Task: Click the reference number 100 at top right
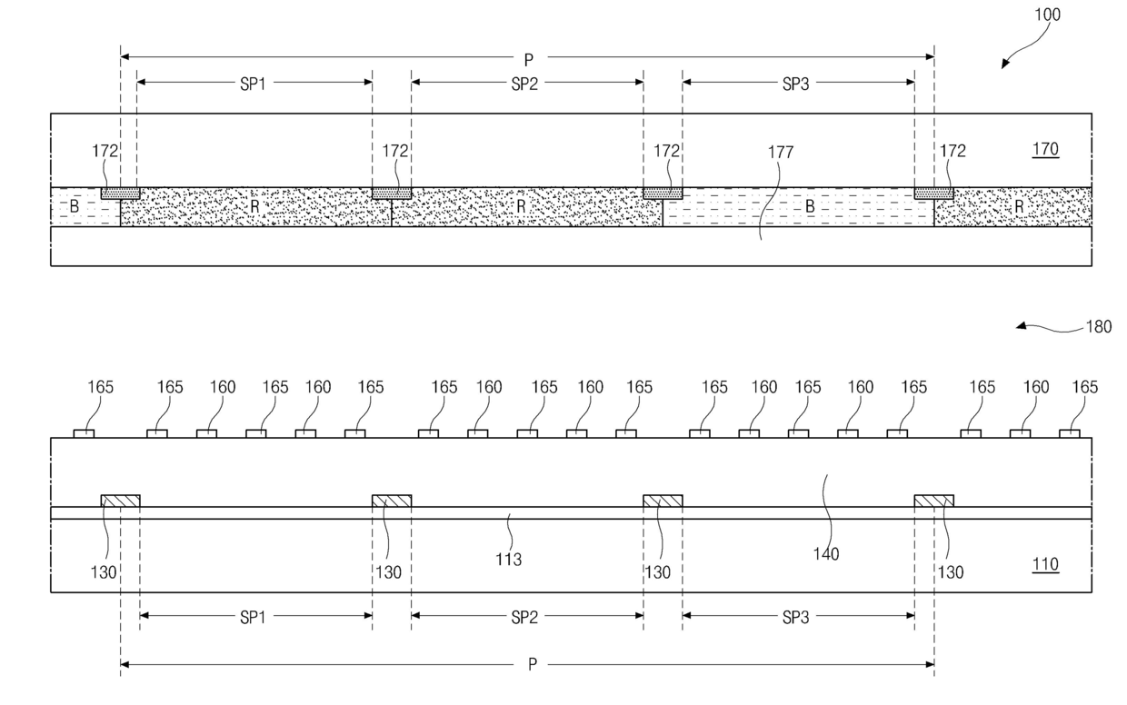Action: (1046, 15)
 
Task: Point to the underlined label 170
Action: (1045, 149)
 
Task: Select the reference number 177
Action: (781, 153)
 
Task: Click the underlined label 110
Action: (1045, 565)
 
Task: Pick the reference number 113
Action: (509, 560)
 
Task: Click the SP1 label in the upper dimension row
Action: (254, 83)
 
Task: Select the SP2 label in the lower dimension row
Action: (524, 617)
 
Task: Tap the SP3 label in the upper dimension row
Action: (795, 83)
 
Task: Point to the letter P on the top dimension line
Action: (529, 60)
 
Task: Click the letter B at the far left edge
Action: (75, 206)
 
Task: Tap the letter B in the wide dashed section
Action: (809, 206)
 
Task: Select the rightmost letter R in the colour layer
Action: (1020, 206)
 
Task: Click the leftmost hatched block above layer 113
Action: (120, 501)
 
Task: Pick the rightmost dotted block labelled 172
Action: (933, 193)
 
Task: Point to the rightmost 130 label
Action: (952, 572)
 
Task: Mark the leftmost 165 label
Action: (101, 387)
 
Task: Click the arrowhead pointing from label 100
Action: (1004, 65)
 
